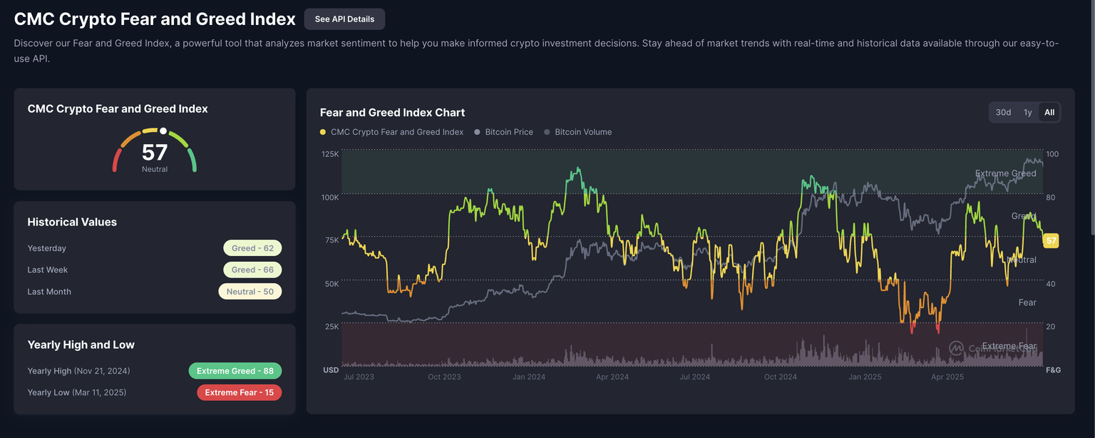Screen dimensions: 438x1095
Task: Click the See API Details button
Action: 344,19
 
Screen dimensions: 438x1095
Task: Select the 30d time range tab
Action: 1003,113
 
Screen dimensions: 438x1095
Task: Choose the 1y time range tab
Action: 1027,113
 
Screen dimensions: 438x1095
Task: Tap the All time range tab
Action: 1049,113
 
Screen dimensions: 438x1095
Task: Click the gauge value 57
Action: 155,153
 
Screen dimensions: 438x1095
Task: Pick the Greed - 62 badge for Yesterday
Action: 252,248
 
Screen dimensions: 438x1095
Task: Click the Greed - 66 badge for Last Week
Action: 252,270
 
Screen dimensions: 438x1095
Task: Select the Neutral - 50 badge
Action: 250,292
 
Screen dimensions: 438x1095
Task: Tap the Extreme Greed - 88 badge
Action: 235,371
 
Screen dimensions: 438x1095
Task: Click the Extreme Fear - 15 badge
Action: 239,392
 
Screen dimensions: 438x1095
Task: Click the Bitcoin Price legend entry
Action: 508,132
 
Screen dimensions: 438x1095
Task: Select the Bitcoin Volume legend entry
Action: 582,132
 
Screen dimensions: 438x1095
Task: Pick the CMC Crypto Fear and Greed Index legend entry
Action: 396,132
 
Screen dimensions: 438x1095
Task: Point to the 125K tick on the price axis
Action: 330,154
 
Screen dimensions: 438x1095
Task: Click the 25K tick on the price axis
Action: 331,327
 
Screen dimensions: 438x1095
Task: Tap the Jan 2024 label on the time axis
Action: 528,377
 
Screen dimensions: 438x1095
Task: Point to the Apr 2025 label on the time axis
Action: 947,377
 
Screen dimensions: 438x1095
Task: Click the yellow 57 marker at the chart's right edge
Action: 1051,240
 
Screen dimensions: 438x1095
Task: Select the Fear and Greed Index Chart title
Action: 392,113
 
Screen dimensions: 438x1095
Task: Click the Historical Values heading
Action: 72,222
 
